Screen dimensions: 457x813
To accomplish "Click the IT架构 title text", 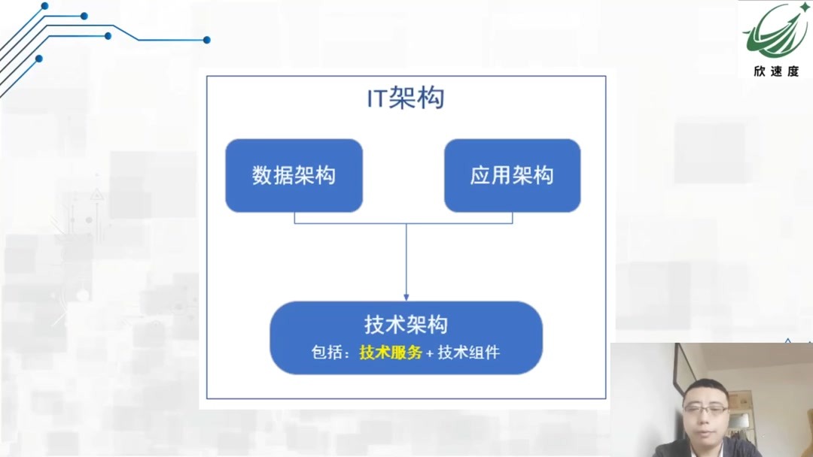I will click(x=406, y=98).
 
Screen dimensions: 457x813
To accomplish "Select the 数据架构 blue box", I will click(x=294, y=175).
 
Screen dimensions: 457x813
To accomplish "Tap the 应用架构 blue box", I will click(x=512, y=175).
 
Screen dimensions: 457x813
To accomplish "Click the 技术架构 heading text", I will click(x=406, y=324).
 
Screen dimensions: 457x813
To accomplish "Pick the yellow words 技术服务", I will click(x=391, y=352).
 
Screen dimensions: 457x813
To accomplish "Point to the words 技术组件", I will click(x=468, y=352).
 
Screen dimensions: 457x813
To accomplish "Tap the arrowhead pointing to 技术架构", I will click(x=406, y=296).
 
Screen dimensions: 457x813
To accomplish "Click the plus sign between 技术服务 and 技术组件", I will click(x=430, y=353).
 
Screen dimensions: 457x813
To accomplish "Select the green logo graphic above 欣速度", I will click(x=774, y=32).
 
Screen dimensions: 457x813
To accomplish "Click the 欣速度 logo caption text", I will click(x=775, y=72).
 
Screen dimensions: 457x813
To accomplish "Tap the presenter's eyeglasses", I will click(x=705, y=410).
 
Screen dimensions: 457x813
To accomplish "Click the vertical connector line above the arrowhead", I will click(x=406, y=256).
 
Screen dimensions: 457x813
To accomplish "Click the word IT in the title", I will click(x=376, y=99).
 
